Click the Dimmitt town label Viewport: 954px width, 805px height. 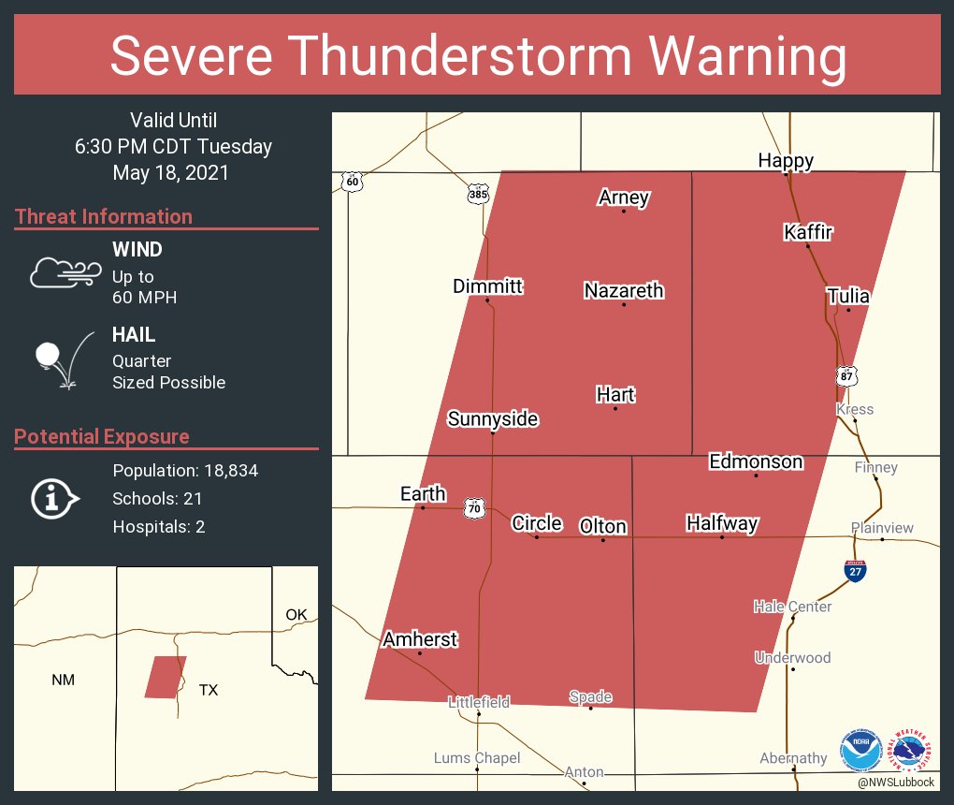pos(487,286)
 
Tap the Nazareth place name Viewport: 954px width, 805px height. pos(624,290)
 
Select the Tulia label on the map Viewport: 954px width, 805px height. pos(847,296)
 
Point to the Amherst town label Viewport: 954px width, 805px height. pos(420,639)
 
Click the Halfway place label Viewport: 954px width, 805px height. pos(721,523)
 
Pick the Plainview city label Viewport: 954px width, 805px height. pos(882,528)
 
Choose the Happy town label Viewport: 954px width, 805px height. pos(785,161)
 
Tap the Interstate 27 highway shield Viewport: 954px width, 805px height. pos(855,570)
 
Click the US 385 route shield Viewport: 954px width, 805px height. pos(478,195)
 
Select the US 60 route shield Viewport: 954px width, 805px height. pos(351,182)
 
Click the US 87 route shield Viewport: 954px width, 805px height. pos(846,375)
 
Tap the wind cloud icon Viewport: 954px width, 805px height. pos(64,271)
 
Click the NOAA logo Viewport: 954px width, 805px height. pos(860,751)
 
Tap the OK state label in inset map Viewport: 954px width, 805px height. pos(296,615)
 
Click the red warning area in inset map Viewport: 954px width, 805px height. pos(165,677)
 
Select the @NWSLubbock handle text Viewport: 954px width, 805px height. pos(895,782)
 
